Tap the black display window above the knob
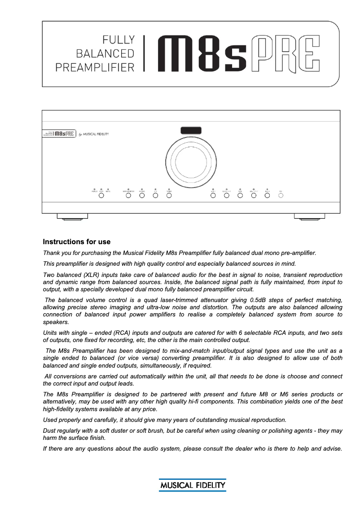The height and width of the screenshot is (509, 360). tap(191, 131)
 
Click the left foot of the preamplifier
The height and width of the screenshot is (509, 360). tap(72, 217)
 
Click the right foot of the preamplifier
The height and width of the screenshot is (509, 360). tap(309, 217)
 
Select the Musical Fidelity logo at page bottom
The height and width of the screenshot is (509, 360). tap(192, 485)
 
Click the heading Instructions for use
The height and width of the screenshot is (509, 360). tap(77, 242)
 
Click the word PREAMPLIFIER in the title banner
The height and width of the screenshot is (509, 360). tap(95, 67)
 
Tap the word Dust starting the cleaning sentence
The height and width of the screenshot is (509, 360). tap(49, 431)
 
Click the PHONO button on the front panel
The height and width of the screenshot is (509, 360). tap(142, 195)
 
